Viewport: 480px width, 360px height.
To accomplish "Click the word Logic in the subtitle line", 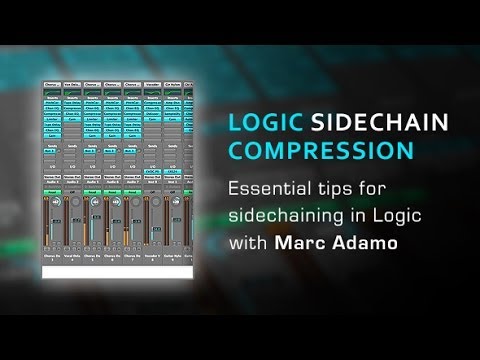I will [x=382, y=215].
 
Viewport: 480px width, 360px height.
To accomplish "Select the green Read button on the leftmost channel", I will [x=53, y=184].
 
